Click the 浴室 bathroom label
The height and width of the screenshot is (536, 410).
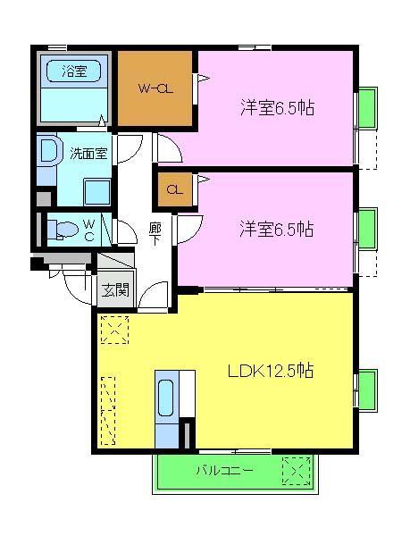[x=74, y=68]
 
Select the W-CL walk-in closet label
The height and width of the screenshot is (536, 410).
[x=155, y=89]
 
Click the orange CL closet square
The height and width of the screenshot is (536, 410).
[x=175, y=189]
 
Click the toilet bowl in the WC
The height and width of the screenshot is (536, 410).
[x=60, y=229]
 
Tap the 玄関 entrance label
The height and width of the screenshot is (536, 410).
[x=114, y=289]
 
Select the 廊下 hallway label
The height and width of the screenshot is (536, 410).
[x=155, y=234]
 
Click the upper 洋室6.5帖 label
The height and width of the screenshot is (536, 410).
[x=276, y=108]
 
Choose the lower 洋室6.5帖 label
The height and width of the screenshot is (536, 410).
[x=276, y=229]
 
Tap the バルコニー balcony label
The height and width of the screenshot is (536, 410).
[x=224, y=470]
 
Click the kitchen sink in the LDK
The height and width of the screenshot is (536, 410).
[x=166, y=398]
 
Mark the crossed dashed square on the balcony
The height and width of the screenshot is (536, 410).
[x=296, y=470]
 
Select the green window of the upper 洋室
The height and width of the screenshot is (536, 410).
[x=365, y=112]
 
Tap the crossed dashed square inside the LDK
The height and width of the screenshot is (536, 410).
[x=114, y=331]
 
